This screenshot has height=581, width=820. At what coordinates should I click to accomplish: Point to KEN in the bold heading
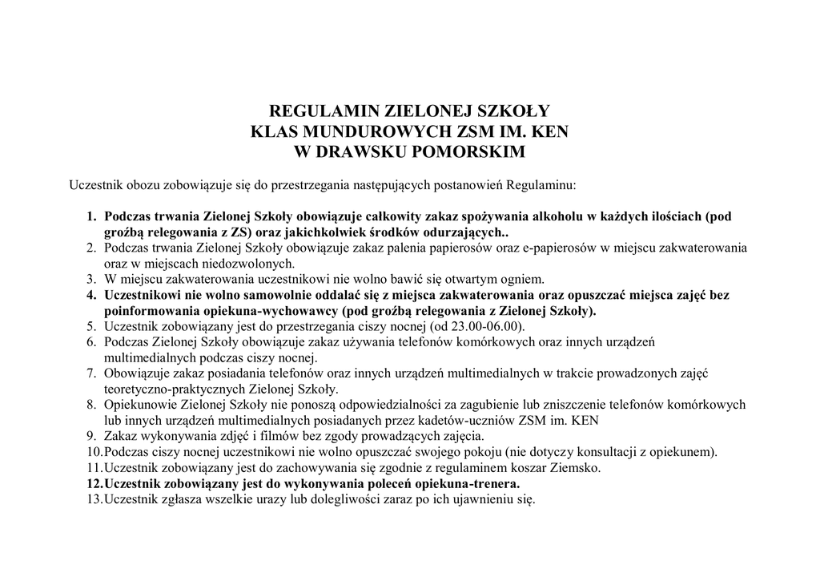pyautogui.click(x=549, y=131)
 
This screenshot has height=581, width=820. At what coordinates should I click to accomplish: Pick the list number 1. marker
pyautogui.click(x=92, y=216)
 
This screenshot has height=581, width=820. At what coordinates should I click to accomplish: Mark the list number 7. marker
pyautogui.click(x=92, y=373)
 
